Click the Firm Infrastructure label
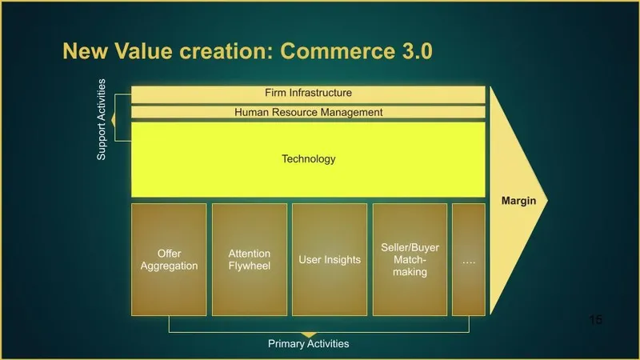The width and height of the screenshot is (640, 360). click(x=308, y=94)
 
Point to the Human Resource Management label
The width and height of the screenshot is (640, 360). click(x=308, y=113)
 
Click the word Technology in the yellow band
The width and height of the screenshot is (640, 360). click(x=308, y=159)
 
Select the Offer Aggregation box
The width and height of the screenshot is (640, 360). click(x=169, y=259)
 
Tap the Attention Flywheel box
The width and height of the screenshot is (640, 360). click(x=250, y=259)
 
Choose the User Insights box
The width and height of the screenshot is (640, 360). click(x=330, y=259)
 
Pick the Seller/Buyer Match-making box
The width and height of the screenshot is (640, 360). click(x=410, y=259)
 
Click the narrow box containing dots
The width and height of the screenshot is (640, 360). click(x=469, y=259)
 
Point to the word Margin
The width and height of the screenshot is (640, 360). click(x=518, y=201)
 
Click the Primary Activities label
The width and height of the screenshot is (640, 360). click(x=308, y=344)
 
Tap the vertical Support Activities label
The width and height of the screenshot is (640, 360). click(x=102, y=119)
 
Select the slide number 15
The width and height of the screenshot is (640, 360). click(x=594, y=320)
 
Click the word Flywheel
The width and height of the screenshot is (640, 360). click(x=250, y=266)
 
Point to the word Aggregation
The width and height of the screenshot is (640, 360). click(x=169, y=266)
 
